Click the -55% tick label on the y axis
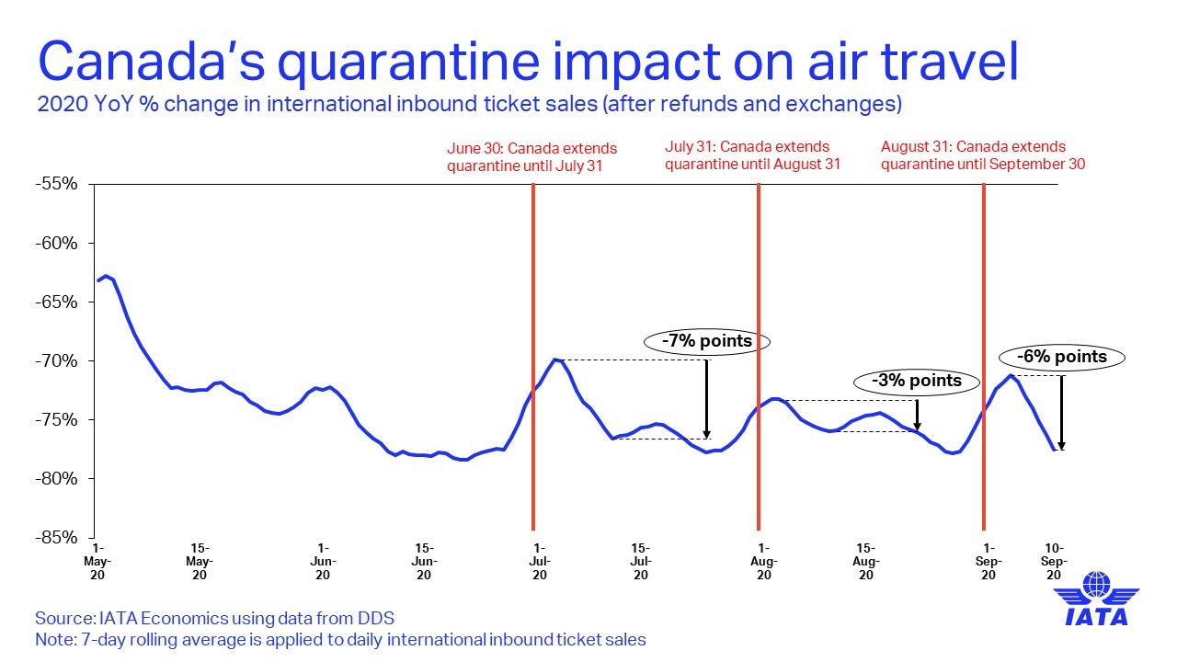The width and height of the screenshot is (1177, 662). (56, 184)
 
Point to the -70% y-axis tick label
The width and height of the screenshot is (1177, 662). (56, 361)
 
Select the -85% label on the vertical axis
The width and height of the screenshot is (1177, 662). (56, 538)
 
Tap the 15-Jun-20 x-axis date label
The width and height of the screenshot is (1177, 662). (424, 562)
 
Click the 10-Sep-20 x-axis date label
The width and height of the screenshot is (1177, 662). (1054, 562)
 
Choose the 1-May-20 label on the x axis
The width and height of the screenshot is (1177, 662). (97, 562)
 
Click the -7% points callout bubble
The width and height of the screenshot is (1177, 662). (707, 341)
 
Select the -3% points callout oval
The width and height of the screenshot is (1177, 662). (917, 381)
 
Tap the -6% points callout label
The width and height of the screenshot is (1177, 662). (1062, 358)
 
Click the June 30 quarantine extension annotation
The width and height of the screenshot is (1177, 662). (531, 157)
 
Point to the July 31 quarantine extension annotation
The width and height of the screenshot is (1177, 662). (752, 155)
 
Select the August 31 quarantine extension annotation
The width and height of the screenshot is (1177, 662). (983, 155)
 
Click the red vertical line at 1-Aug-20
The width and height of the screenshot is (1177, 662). (759, 357)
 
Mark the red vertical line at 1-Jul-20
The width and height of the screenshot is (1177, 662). (533, 357)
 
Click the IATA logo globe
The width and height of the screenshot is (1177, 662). (1097, 584)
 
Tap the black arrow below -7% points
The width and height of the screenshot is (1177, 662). (707, 399)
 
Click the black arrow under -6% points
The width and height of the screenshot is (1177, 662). (1061, 413)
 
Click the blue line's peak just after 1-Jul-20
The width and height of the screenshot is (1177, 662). (554, 360)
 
